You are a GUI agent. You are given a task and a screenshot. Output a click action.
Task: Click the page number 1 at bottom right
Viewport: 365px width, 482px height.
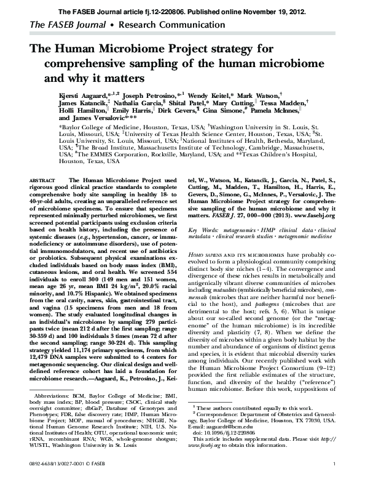(x=332, y=478)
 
